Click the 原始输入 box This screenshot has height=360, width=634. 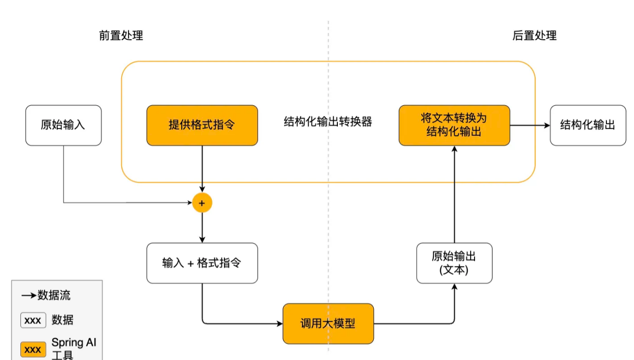(63, 125)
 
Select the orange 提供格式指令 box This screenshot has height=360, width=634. (202, 125)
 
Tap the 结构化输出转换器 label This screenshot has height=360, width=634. (328, 122)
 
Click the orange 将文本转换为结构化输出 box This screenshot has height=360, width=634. (454, 125)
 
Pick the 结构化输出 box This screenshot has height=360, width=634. (587, 125)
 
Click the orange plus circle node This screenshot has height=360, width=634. (202, 203)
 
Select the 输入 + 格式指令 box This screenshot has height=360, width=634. (202, 263)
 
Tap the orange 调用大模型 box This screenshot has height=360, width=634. (328, 323)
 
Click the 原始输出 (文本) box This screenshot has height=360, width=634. (454, 263)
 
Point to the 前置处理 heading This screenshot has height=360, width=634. (121, 35)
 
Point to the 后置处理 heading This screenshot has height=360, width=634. (535, 35)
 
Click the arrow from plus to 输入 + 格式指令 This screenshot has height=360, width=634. (202, 228)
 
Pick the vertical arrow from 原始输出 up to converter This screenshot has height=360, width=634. (454, 194)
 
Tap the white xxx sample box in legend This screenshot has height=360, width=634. (33, 320)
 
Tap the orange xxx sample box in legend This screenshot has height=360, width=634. (33, 349)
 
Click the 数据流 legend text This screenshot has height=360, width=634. (54, 295)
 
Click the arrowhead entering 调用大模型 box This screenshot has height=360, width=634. (279, 323)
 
